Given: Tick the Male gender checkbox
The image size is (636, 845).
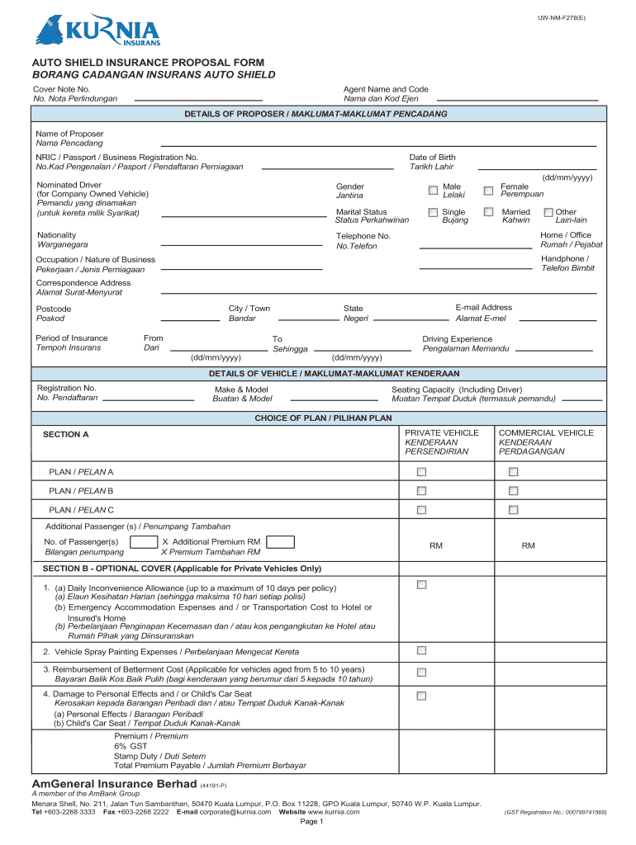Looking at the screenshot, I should (433, 191).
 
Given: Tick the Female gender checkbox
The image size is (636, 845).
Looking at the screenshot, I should (488, 191).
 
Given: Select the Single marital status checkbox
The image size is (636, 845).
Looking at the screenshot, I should (433, 213).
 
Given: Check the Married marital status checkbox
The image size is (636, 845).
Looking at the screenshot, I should (488, 213).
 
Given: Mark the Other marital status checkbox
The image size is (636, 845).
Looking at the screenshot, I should (548, 213).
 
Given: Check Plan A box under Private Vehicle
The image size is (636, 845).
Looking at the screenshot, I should (421, 472).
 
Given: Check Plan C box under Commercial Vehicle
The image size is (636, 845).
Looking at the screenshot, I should (513, 510).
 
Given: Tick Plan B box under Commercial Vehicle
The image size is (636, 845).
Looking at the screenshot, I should (513, 491).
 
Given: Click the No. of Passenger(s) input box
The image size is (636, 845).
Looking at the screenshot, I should (145, 542).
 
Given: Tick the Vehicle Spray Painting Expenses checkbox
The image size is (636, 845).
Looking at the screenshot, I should (421, 650).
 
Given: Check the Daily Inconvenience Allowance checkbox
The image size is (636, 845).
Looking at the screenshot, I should (421, 585).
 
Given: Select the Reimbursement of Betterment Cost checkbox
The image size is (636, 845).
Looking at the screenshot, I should (421, 673).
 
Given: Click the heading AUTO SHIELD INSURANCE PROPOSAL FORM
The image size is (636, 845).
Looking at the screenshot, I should (148, 63).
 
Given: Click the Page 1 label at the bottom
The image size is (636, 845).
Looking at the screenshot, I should (311, 822).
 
